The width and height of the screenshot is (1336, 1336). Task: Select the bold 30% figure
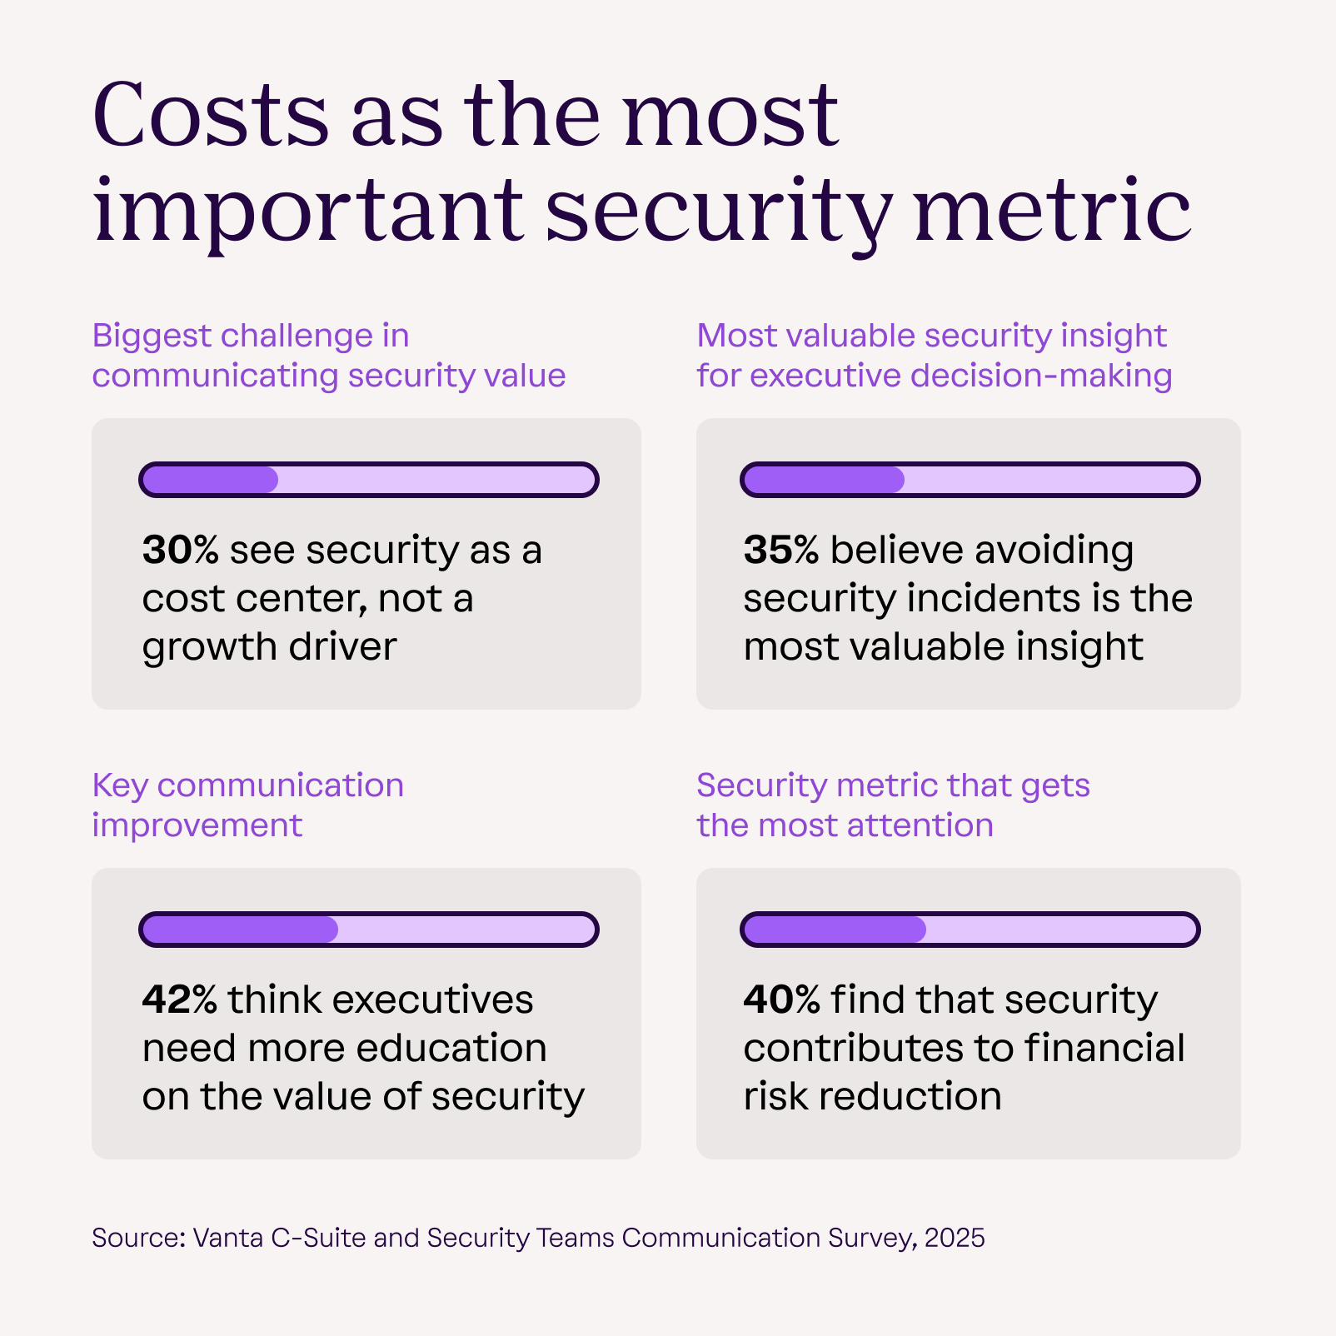point(180,551)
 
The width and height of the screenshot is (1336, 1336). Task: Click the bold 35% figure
point(780,551)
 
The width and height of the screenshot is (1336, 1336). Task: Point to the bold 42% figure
point(179,1000)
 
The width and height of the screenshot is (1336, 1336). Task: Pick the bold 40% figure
point(781,1000)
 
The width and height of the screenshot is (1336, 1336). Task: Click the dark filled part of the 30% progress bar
point(210,480)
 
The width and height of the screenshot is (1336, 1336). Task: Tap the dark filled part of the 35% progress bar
point(823,480)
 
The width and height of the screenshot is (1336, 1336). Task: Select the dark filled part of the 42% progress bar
point(240,930)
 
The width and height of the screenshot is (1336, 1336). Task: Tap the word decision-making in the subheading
point(1041,376)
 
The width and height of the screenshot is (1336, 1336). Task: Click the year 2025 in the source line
point(955,1238)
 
